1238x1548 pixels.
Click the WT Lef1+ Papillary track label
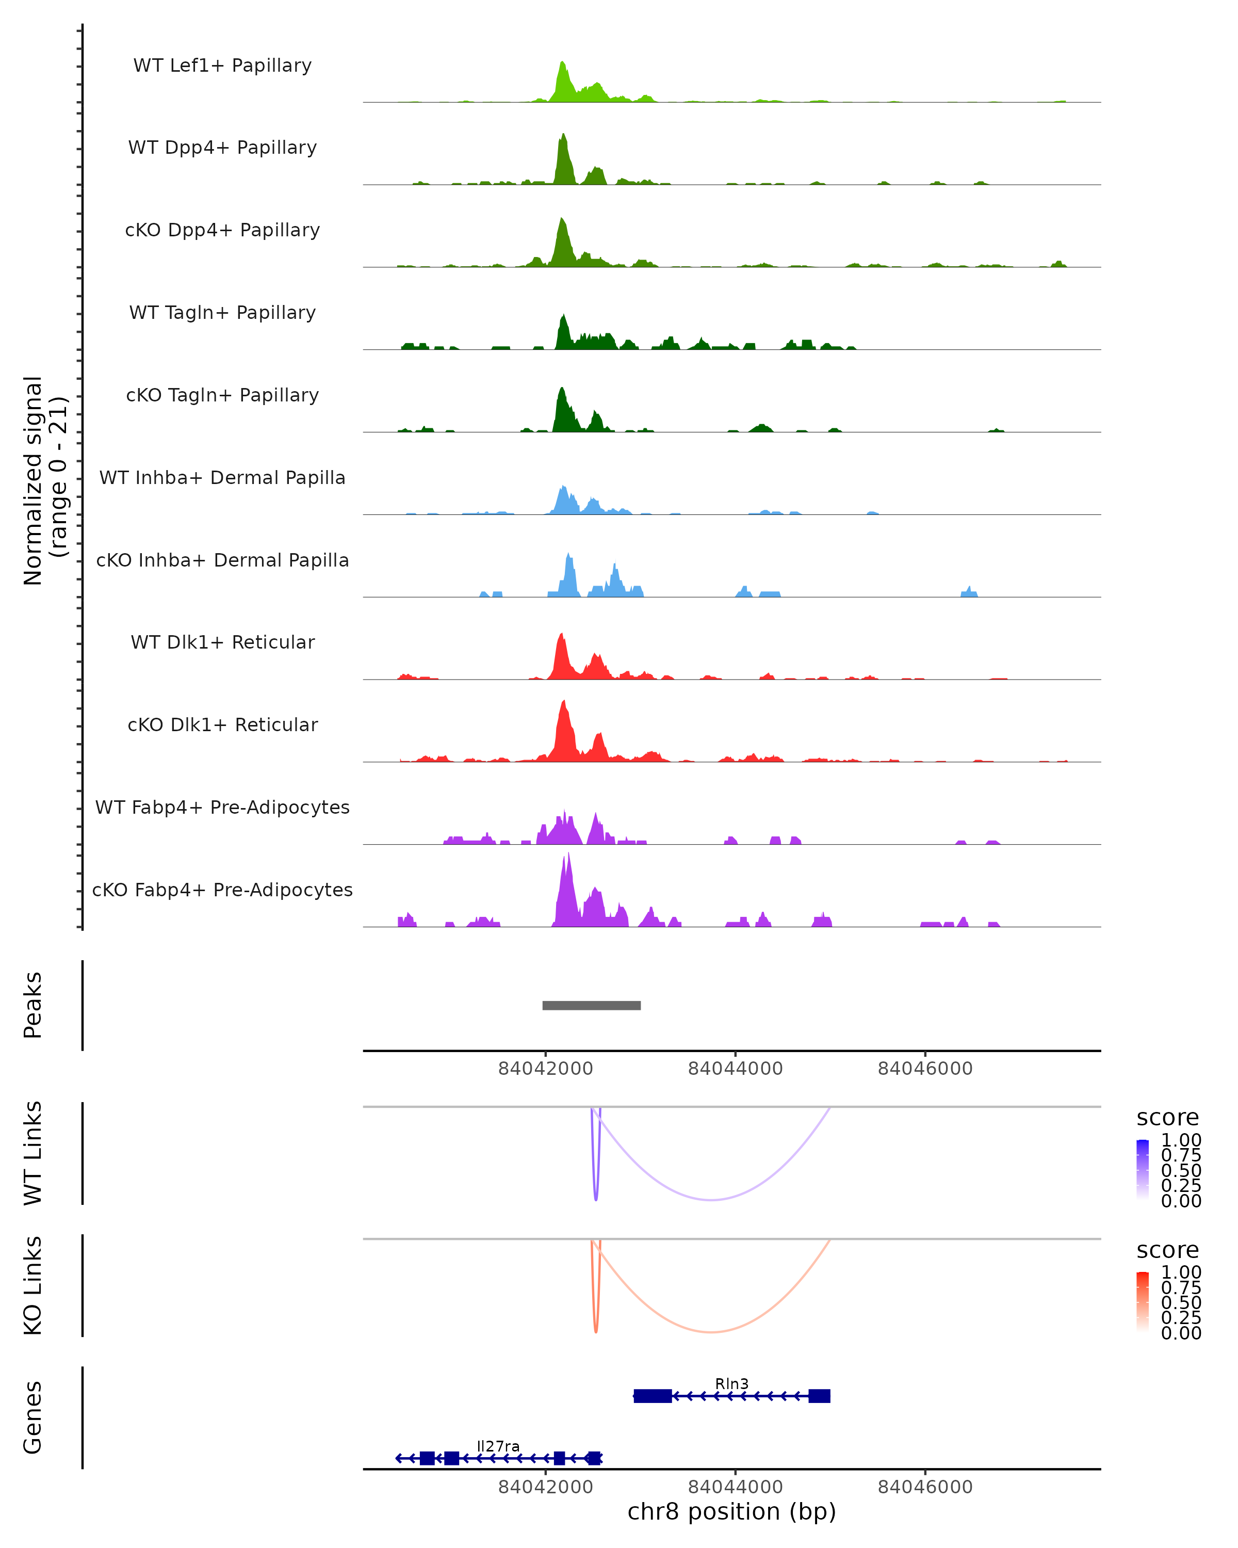point(222,66)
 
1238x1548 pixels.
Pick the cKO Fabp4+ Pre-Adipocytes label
point(222,890)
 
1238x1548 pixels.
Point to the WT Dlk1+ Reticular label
point(222,642)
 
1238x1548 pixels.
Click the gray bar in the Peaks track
point(591,1005)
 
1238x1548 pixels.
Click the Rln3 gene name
point(731,1383)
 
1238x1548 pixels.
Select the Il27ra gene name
point(498,1446)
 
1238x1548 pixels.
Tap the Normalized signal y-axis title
point(44,480)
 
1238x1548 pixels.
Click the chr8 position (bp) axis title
point(731,1511)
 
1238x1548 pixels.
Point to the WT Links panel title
point(33,1153)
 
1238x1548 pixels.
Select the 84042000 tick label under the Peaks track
point(545,1069)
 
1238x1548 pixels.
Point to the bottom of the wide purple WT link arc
point(710,1200)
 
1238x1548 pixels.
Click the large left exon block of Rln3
point(653,1396)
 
